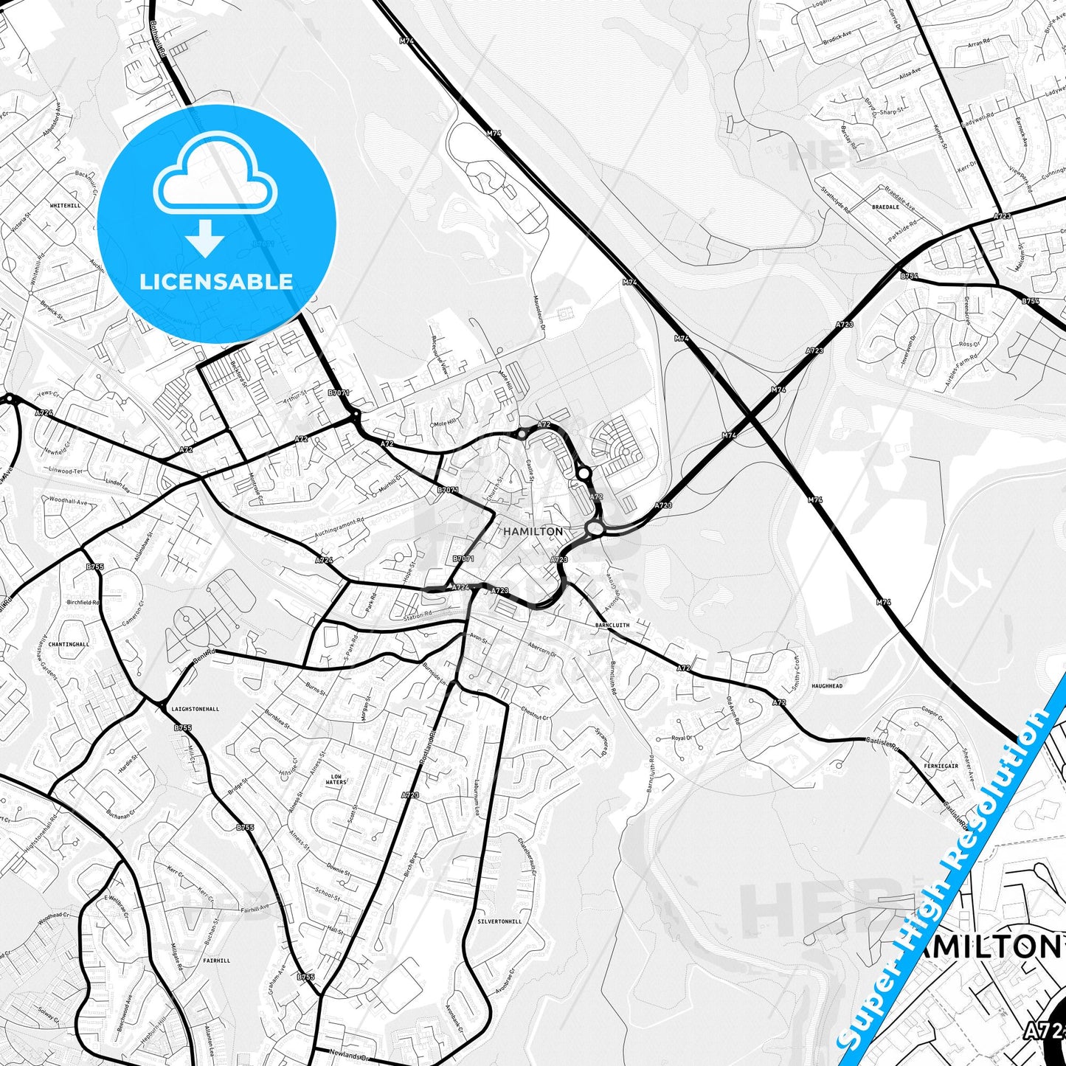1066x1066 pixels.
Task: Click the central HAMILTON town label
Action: [x=533, y=531]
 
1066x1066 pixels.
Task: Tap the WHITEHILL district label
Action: [x=65, y=206]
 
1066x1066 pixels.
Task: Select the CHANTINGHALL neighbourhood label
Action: [x=69, y=644]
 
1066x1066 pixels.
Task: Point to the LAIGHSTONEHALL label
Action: [x=195, y=709]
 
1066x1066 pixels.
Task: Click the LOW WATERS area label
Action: [x=336, y=779]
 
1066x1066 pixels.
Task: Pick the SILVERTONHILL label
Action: [x=499, y=921]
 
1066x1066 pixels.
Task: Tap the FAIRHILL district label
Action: [x=217, y=961]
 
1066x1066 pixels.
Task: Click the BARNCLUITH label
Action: [x=612, y=625]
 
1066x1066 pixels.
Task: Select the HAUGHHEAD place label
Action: [x=827, y=686]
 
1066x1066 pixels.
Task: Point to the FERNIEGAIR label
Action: [x=941, y=766]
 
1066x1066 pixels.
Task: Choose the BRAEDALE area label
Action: [x=885, y=207]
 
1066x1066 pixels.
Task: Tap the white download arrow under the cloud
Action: [x=205, y=238]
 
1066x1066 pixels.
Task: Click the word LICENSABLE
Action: [x=216, y=282]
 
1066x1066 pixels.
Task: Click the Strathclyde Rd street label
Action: [x=836, y=200]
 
